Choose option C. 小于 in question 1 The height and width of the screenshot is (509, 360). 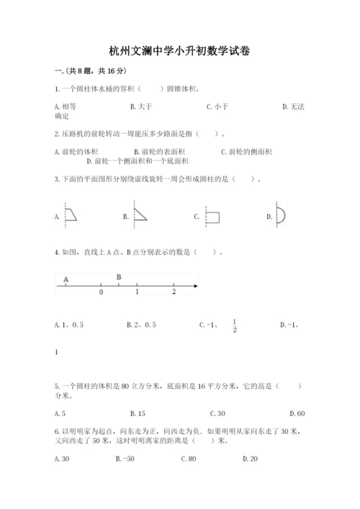click(217, 107)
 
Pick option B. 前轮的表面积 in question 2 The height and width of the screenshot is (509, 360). click(159, 151)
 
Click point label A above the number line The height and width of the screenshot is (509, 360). click(66, 278)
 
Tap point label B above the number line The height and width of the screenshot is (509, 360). click(119, 277)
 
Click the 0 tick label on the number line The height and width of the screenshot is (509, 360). click(101, 293)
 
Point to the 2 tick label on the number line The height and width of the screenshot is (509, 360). click(174, 293)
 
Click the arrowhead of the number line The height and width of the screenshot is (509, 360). click(195, 287)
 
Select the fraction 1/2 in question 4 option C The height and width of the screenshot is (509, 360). click(234, 326)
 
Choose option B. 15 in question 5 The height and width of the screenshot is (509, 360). click(138, 413)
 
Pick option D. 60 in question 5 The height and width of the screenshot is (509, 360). click(296, 413)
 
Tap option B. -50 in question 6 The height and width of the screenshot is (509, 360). click(125, 459)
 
